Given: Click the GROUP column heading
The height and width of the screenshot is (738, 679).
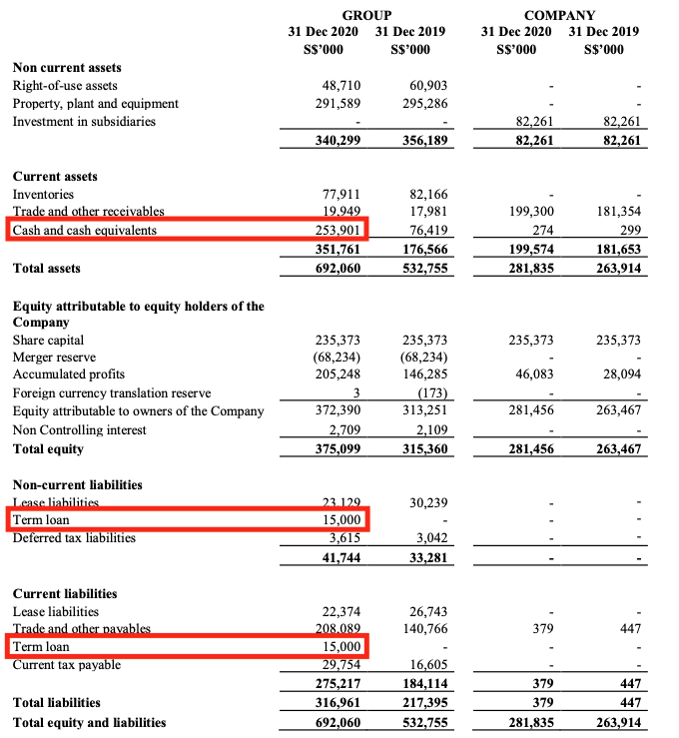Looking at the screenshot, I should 365,15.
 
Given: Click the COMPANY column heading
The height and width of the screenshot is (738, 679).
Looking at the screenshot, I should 559,15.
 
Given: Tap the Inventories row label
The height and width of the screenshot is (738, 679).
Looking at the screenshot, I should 43,195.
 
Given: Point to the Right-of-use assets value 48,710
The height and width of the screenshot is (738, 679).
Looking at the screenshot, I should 339,86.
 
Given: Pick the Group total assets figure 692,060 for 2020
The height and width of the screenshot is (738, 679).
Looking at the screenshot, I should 337,269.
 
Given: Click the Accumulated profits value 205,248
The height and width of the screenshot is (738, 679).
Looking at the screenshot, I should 338,375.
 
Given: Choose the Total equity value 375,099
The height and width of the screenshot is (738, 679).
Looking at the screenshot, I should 337,449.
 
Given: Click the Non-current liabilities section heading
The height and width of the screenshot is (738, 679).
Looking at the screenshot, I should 77,484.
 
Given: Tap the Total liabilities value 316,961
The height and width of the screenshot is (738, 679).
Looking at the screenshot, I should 337,702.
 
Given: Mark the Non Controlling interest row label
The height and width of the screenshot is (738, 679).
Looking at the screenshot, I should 79,430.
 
